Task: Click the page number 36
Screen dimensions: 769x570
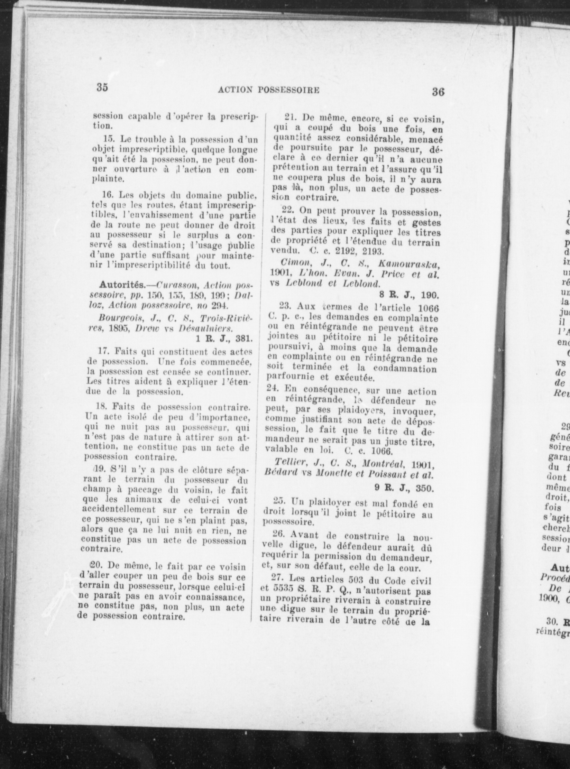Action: click(438, 92)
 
